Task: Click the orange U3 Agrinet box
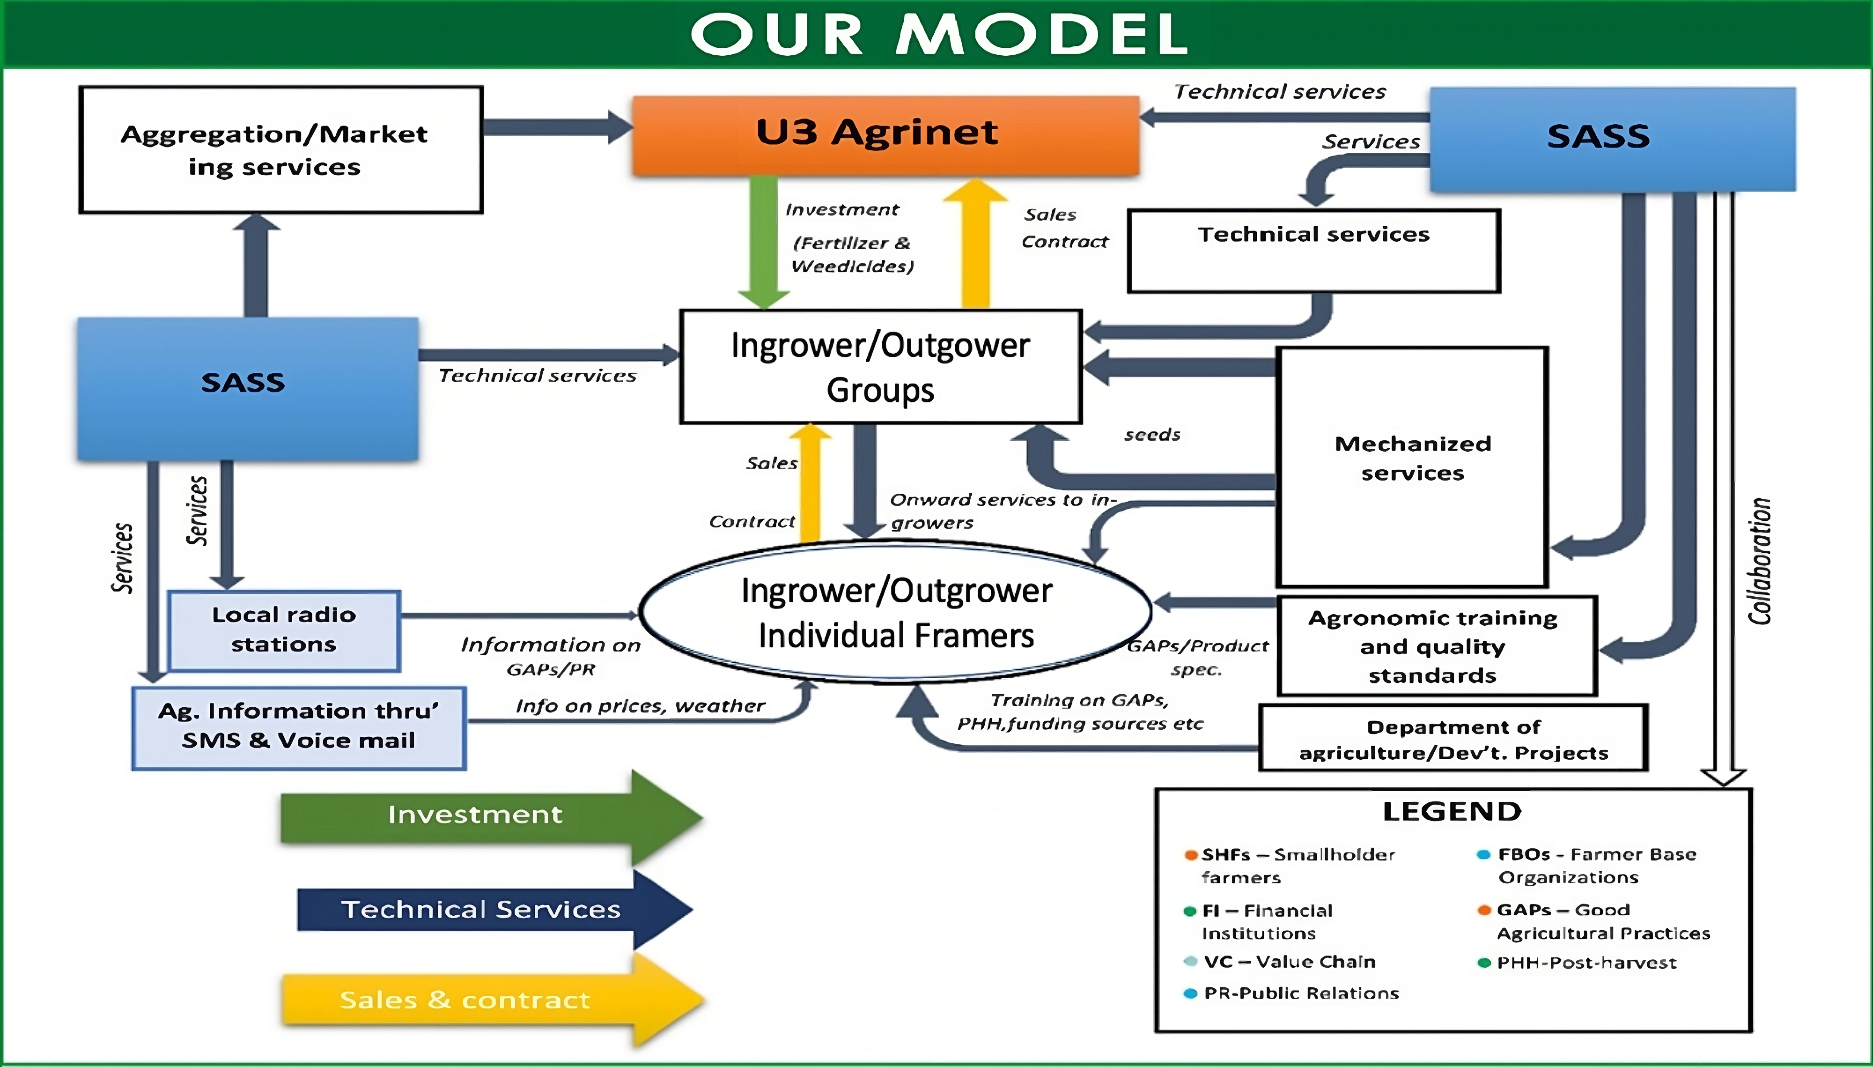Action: (885, 135)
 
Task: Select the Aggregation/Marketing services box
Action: (280, 150)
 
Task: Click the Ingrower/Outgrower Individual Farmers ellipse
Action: (895, 613)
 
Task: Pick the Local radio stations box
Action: (284, 630)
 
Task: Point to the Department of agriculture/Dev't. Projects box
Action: (1453, 739)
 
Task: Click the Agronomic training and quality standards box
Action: (1435, 646)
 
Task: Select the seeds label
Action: (1152, 435)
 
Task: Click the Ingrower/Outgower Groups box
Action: (880, 366)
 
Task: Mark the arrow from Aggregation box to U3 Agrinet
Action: (557, 127)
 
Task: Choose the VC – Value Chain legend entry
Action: (1289, 962)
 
